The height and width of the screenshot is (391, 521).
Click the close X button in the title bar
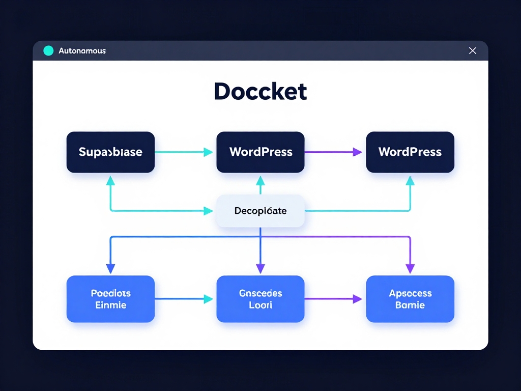[472, 50]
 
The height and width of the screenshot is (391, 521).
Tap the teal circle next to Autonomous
[48, 50]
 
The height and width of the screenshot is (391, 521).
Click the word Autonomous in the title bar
[82, 51]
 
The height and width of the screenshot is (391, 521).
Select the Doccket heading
[260, 92]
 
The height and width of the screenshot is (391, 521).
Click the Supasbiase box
[110, 152]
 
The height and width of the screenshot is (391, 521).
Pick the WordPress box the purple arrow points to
[410, 152]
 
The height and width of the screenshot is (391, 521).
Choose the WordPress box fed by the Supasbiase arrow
[260, 152]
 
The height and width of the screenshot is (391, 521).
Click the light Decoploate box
[260, 210]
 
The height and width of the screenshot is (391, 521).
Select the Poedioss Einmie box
[110, 299]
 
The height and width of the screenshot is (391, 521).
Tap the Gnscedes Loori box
[260, 299]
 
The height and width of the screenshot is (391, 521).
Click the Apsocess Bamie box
[410, 299]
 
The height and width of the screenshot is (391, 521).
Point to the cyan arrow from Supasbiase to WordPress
[183, 152]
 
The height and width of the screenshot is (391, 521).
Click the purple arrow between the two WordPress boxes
[333, 152]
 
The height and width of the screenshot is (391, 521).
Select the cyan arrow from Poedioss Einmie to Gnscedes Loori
[183, 299]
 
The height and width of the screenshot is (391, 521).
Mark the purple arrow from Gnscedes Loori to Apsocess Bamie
[333, 299]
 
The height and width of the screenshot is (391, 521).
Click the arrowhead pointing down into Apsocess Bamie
[410, 268]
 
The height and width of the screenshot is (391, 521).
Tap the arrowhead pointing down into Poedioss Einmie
[110, 268]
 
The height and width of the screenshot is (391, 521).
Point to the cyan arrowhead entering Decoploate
[208, 210]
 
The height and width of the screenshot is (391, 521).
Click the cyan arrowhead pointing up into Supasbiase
[110, 180]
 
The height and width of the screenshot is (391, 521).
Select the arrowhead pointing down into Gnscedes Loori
[260, 268]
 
